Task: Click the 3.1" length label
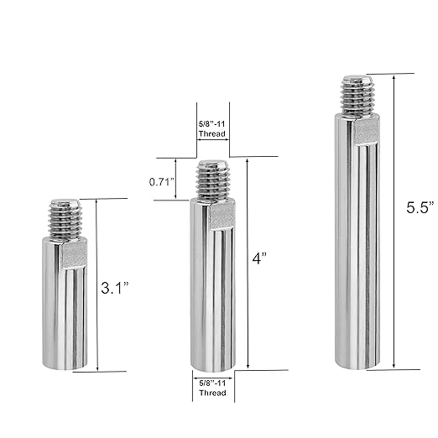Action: [115, 288]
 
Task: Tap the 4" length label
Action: [260, 258]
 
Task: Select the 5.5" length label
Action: [420, 207]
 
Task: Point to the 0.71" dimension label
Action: [162, 182]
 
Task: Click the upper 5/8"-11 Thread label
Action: [212, 128]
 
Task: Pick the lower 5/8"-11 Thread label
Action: [212, 388]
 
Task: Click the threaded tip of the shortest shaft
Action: [65, 219]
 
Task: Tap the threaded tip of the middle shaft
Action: [213, 180]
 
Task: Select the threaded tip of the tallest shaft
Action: [357, 96]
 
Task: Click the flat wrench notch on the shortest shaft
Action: [74, 255]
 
